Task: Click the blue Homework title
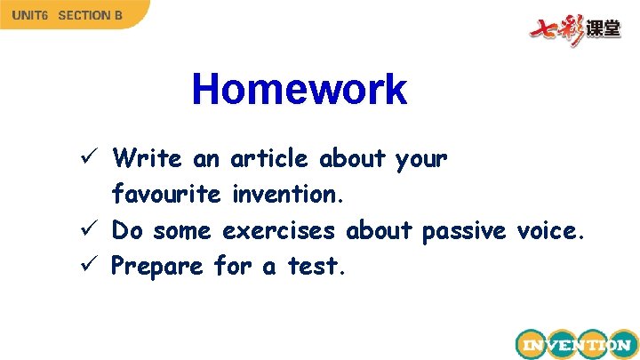coord(299,90)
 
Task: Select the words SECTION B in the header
coord(91,15)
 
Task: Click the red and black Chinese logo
coord(576,28)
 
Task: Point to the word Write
coord(148,159)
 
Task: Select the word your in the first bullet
coord(421,160)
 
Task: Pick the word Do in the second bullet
coord(127,230)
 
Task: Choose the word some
coord(182,230)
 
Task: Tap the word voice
coord(551,230)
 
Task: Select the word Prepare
coord(157,267)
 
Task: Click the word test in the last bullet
coord(316,266)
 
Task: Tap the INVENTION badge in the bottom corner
coord(575,344)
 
